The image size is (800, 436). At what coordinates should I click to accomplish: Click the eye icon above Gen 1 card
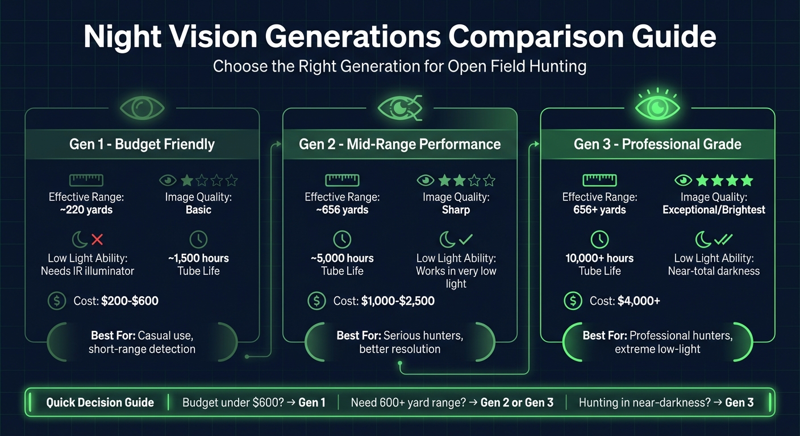[142, 107]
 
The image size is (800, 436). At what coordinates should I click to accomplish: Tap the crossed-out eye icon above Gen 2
[400, 107]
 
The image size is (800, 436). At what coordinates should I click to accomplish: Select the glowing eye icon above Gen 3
[657, 107]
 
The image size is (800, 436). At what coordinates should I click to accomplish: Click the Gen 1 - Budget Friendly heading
[142, 144]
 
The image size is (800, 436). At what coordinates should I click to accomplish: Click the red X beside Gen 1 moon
[97, 239]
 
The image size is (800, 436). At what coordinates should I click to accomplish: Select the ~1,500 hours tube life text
[198, 258]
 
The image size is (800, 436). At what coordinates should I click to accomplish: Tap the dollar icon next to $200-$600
[57, 301]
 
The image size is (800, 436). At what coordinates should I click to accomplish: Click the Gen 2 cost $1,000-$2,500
[398, 301]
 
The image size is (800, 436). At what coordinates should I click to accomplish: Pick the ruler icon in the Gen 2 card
[342, 181]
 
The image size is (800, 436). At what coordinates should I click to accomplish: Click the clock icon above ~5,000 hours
[342, 239]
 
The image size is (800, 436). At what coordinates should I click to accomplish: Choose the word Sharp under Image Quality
[456, 210]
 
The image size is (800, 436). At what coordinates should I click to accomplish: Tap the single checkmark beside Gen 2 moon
[466, 239]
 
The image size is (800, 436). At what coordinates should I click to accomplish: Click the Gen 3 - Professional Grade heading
[657, 144]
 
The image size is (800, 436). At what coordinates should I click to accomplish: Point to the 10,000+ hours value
[599, 258]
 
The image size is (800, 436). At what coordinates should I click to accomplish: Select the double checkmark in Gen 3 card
[724, 239]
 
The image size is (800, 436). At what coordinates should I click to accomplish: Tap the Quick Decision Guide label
[100, 403]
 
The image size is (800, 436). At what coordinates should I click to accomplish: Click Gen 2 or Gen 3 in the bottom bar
[516, 403]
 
